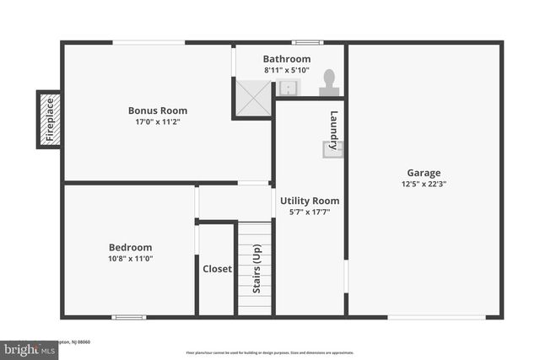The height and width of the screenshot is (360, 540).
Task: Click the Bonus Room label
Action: coord(158,110)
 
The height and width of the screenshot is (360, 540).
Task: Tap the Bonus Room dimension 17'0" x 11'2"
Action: coord(158,122)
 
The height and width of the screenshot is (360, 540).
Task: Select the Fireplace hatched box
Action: coord(49,119)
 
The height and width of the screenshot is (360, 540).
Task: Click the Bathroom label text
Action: coord(287,59)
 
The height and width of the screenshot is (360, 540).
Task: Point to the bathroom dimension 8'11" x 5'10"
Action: coord(287,70)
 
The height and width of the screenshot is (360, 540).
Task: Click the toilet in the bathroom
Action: coord(329,83)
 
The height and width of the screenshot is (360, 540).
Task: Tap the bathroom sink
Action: coord(288,88)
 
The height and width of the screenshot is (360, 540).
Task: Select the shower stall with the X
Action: coord(253,98)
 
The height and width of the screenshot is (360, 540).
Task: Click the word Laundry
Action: coord(335,126)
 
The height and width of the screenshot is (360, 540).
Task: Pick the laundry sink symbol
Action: coord(332,149)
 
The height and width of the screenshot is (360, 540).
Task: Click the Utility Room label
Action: coord(310,201)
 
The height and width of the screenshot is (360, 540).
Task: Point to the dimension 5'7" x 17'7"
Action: coord(310,212)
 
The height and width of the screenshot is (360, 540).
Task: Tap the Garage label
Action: coord(424,173)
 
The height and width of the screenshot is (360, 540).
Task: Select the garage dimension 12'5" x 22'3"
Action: coord(424,185)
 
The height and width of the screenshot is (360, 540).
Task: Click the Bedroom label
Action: coord(131,247)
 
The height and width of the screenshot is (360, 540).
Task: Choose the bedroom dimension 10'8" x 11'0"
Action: coord(131,259)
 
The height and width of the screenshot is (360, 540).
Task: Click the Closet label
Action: coord(217,270)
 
